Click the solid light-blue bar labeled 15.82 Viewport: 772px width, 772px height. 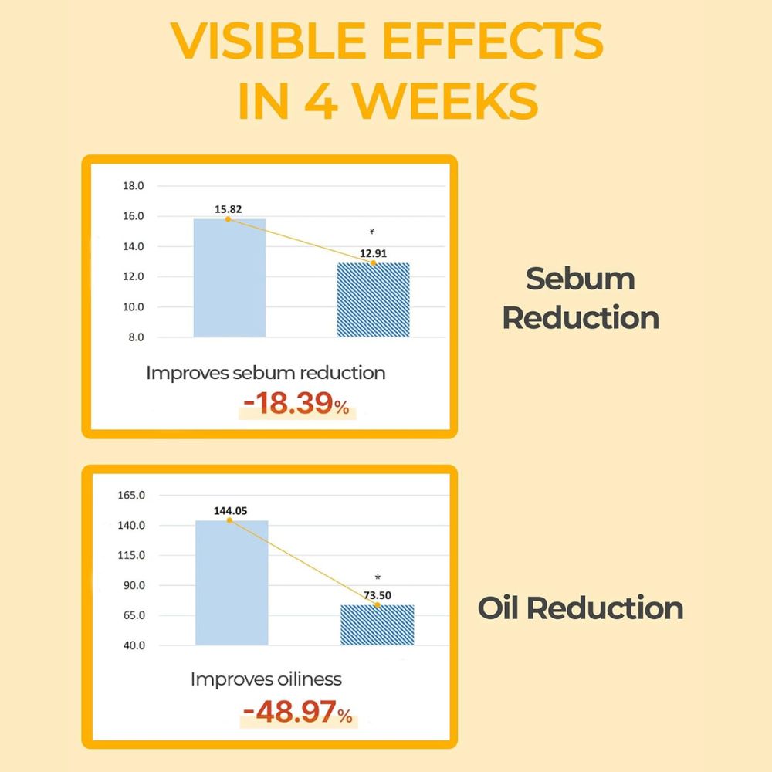click(x=229, y=278)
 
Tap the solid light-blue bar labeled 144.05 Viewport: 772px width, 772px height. click(x=232, y=583)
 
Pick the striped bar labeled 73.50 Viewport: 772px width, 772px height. click(x=377, y=625)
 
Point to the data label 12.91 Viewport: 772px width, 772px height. click(x=373, y=253)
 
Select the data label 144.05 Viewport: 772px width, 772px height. click(x=230, y=510)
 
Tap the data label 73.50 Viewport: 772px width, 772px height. click(x=378, y=595)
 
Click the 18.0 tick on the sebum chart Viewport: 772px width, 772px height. click(x=134, y=186)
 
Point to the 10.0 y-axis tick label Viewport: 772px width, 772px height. click(x=134, y=307)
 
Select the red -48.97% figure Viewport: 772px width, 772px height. click(x=298, y=713)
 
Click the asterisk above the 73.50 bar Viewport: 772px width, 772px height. click(x=378, y=577)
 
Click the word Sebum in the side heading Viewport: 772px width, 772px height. click(x=581, y=279)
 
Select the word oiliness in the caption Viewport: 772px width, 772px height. click(x=308, y=679)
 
